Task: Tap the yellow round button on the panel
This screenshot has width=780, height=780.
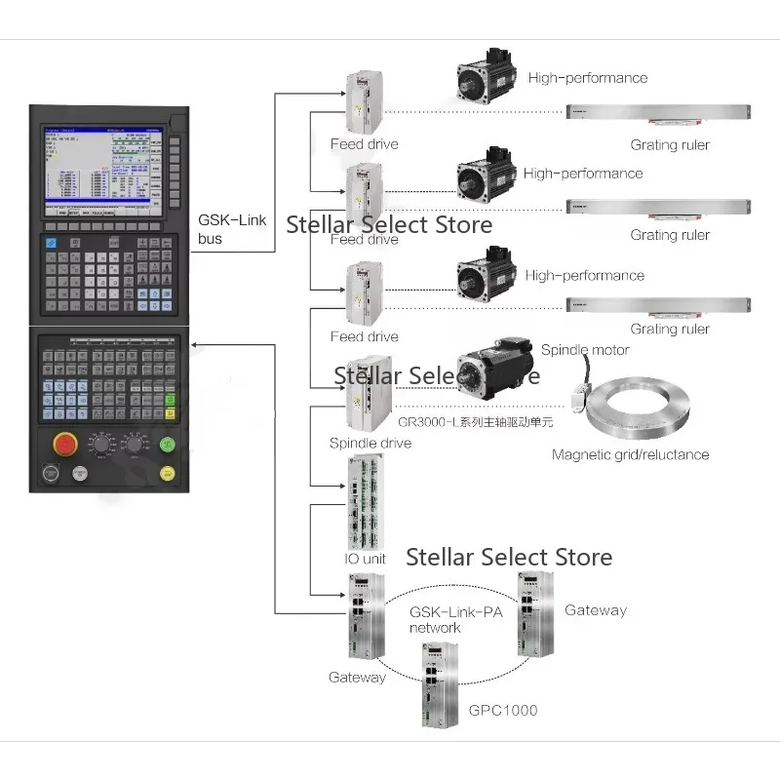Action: click(x=168, y=473)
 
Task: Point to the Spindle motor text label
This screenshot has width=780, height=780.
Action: click(x=585, y=350)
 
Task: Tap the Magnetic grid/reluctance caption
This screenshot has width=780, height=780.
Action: click(x=630, y=454)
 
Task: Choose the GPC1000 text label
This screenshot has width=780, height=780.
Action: click(x=503, y=710)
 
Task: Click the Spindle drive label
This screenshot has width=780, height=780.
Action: click(x=370, y=443)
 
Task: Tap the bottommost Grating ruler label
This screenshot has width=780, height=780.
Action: click(x=670, y=329)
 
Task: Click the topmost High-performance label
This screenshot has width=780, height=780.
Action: click(x=587, y=78)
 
